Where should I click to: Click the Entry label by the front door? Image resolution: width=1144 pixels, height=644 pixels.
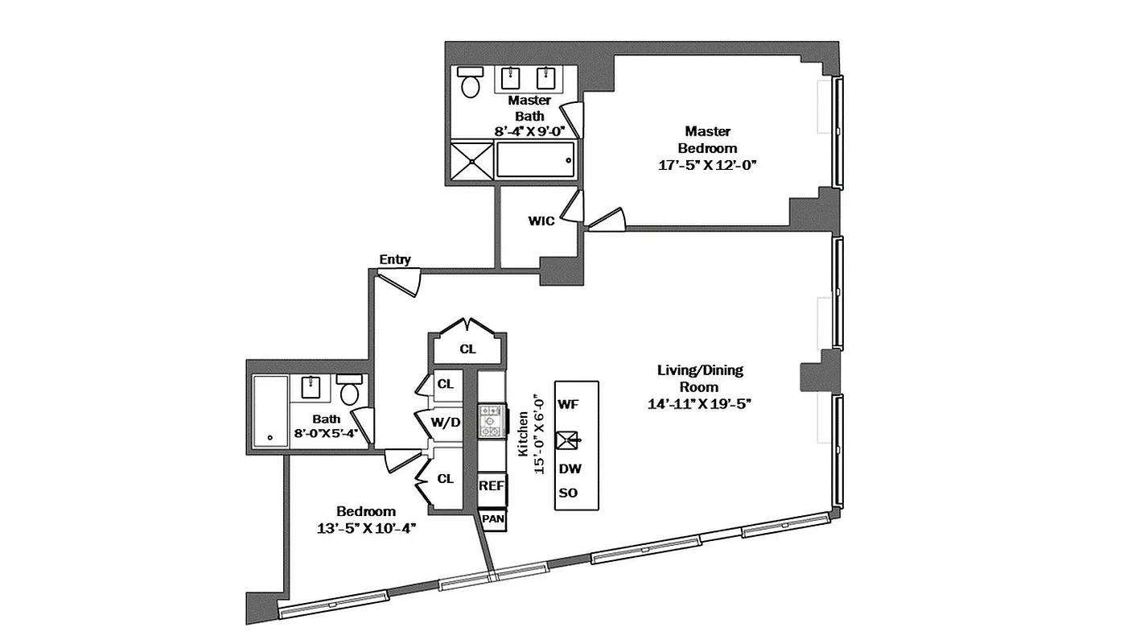point(395,259)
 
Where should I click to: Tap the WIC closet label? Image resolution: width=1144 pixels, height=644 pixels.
point(541,221)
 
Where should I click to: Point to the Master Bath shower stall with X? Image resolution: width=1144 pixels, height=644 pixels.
point(471,159)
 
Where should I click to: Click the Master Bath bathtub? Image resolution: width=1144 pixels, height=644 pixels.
point(536,159)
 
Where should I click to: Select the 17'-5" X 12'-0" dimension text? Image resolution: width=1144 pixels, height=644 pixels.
point(707,164)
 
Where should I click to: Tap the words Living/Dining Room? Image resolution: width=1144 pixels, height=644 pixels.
point(700,378)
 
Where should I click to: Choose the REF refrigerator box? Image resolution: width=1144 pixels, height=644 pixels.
point(492,485)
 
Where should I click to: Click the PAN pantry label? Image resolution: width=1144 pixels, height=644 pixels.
point(492,519)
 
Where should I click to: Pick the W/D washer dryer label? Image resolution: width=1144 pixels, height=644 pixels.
point(446,423)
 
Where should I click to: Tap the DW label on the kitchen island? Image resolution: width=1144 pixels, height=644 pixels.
point(570,469)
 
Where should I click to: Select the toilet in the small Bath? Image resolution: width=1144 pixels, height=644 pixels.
point(350,392)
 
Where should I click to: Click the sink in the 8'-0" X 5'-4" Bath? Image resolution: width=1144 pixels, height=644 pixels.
point(313,387)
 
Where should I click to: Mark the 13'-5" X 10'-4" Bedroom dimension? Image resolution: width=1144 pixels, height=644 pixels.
point(366,528)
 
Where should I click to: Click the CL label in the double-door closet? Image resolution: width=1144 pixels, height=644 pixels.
point(467,349)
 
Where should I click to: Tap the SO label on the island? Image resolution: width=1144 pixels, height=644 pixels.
point(568,493)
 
